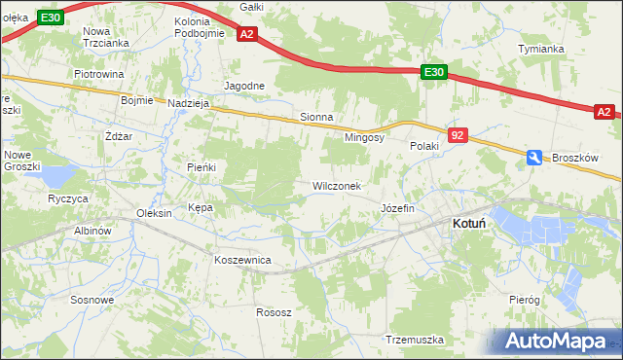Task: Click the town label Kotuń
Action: (x=469, y=223)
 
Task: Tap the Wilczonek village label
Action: (x=336, y=186)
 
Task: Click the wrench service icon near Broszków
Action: (x=534, y=157)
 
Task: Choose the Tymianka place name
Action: (x=542, y=49)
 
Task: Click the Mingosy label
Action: (x=365, y=137)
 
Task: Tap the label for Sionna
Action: (x=316, y=117)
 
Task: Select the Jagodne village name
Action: (x=244, y=86)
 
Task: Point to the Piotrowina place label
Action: (x=99, y=74)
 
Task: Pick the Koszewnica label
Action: (x=242, y=260)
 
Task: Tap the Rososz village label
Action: (x=274, y=312)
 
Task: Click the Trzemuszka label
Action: (x=415, y=340)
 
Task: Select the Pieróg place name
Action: (x=524, y=300)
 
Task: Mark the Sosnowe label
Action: (x=92, y=300)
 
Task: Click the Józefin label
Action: (x=398, y=208)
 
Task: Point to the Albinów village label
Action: (x=94, y=231)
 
